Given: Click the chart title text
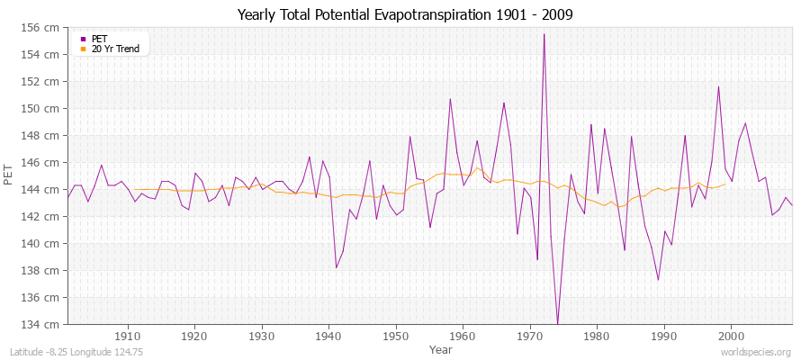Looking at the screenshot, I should click(405, 15).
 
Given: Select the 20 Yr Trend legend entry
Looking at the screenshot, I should click(115, 49).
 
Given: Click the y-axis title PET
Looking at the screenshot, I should click(9, 175).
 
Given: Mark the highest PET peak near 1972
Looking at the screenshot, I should click(544, 34).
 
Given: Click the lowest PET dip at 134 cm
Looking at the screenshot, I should click(557, 323).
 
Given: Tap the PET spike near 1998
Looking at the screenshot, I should click(718, 87).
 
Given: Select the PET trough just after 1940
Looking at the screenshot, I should click(337, 267).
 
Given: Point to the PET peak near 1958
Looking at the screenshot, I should click(450, 99).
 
